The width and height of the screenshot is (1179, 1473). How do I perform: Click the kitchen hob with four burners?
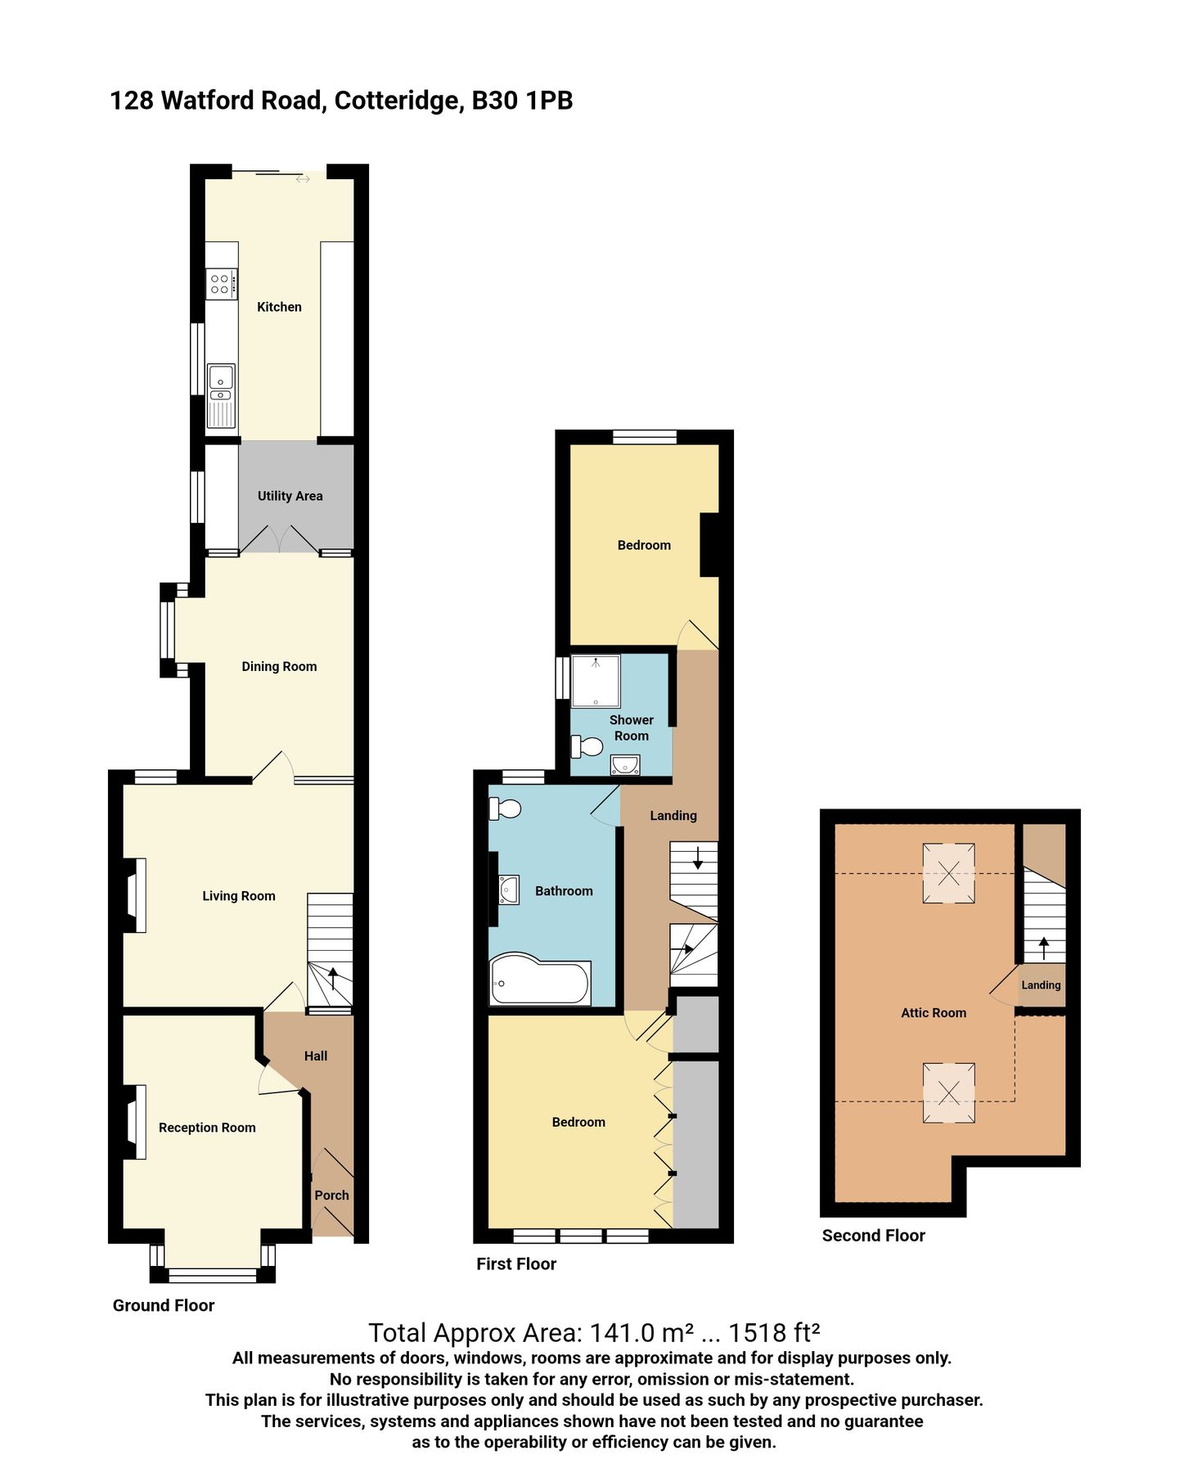[220, 284]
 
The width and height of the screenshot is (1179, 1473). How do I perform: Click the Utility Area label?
[290, 496]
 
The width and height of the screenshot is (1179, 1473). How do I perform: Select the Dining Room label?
[279, 667]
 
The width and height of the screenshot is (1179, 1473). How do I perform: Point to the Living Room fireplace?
[135, 894]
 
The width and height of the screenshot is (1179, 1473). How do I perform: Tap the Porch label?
[331, 1196]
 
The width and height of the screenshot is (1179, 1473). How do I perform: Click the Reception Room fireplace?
[135, 1121]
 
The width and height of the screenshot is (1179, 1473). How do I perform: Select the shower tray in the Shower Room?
[595, 681]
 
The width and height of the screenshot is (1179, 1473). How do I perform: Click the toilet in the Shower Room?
[587, 746]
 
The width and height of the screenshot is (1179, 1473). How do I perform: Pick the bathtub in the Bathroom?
[540, 981]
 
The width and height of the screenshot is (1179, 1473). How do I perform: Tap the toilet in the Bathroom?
[505, 809]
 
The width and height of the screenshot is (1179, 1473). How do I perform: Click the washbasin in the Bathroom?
[508, 890]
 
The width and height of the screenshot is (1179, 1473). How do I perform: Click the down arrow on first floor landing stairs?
[697, 858]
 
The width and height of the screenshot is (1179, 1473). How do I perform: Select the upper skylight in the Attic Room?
[948, 873]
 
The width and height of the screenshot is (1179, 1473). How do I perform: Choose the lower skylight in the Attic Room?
[948, 1092]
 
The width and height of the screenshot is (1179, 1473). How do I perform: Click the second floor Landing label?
[1041, 985]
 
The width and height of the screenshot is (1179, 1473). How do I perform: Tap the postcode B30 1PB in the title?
[522, 101]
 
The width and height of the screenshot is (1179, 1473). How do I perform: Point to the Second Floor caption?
[873, 1236]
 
